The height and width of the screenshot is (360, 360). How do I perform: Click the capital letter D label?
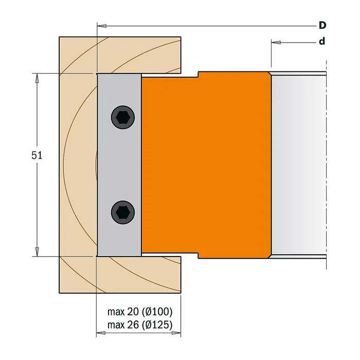322,25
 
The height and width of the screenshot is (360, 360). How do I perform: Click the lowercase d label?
322,41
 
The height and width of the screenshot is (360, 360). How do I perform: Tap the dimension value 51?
37,156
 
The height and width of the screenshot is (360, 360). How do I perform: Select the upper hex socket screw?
123,117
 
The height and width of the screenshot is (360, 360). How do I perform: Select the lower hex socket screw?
123,212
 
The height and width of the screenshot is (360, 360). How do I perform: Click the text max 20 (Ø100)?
140,312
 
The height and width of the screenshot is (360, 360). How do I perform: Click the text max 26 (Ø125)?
140,325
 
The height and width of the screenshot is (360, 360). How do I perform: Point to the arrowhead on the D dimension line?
101,26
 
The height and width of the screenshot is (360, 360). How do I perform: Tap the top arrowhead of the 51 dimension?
37,78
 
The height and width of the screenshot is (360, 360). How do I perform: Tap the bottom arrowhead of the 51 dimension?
37,251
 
